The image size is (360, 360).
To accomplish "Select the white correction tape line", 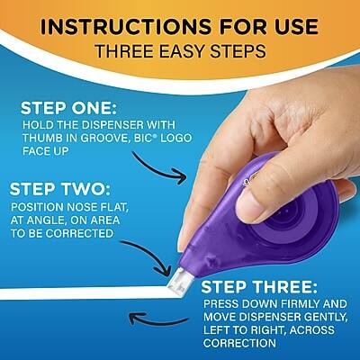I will [90, 292].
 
